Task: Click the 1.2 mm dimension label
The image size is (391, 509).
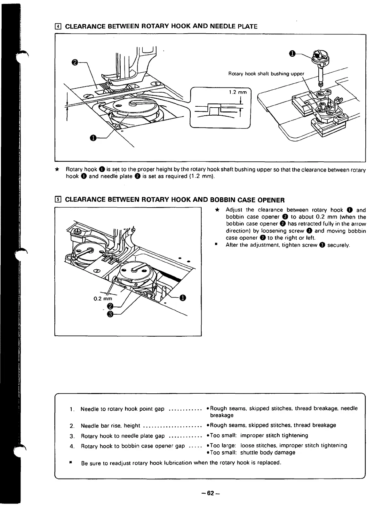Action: pos(238,92)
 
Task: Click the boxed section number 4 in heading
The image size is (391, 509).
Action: pos(58,26)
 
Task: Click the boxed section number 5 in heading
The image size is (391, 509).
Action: pos(58,200)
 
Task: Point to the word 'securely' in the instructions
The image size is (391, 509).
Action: pos(338,245)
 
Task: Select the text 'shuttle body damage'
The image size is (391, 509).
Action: pos(267,452)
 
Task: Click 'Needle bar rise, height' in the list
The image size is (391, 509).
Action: pos(110,426)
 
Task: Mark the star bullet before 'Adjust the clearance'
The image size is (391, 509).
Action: pos(217,210)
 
